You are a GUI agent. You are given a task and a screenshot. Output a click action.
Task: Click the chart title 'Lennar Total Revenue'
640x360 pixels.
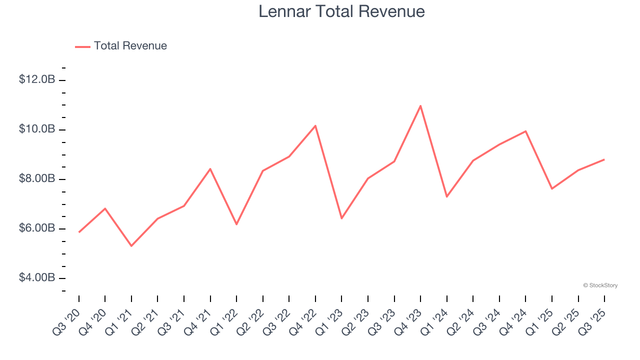341,11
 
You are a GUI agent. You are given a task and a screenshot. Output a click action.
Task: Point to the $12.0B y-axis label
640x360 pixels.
37,79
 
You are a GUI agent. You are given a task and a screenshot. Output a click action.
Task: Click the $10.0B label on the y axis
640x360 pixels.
37,129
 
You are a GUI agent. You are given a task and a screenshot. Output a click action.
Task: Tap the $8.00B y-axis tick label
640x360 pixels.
37,178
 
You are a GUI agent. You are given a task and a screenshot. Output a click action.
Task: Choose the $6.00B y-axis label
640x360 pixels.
37,228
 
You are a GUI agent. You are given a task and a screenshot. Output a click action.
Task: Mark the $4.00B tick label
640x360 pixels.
37,277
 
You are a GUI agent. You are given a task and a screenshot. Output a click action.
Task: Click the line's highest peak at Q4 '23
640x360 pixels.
420,105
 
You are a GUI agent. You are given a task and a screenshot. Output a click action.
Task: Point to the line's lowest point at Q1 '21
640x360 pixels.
131,246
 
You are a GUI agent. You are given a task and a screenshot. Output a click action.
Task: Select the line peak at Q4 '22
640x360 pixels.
315,125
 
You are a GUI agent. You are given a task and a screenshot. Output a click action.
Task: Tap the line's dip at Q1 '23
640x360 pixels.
341,218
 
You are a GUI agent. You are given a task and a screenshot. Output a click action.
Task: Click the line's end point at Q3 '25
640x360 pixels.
604,159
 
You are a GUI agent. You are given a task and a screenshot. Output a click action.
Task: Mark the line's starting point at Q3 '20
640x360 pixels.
79,232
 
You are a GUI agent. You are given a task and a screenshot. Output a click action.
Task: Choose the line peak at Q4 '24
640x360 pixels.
525,131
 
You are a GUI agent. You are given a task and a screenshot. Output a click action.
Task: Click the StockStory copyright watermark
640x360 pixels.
600,285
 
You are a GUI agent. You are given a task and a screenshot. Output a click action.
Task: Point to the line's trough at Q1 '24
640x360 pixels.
446,196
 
